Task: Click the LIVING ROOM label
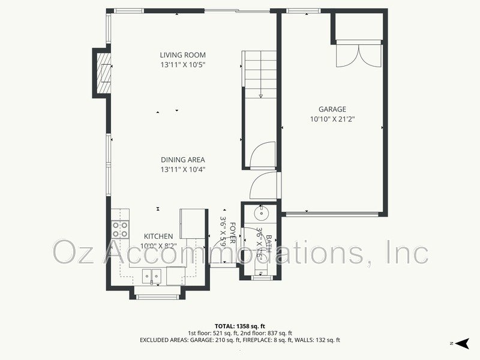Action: [182, 55]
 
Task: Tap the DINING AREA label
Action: [182, 160]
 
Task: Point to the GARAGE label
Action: [332, 109]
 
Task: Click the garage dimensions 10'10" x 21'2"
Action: [332, 119]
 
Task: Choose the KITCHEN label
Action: [158, 236]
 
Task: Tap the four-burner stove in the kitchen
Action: [120, 229]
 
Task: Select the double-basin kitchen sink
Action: [151, 276]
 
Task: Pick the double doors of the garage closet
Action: [358, 55]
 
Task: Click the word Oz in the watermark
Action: [73, 252]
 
